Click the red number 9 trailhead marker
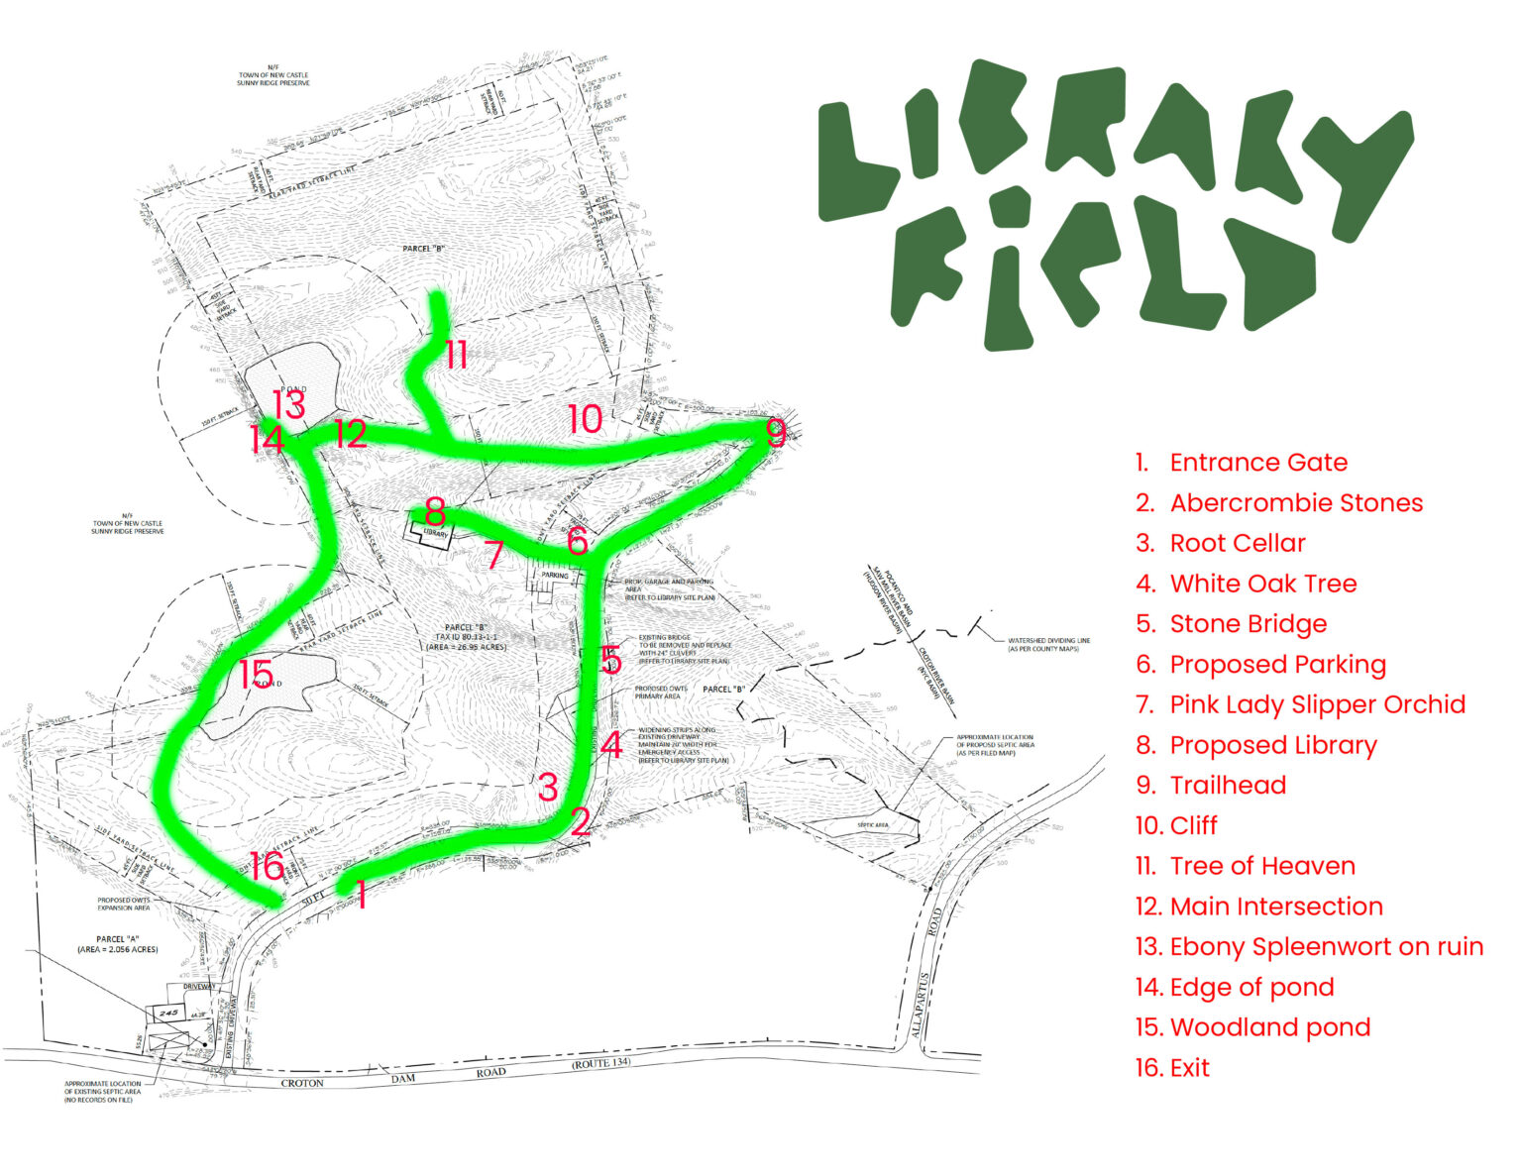(776, 433)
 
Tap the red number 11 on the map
(456, 355)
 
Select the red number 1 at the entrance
(362, 895)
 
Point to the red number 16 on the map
(267, 866)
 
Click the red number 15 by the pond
(257, 676)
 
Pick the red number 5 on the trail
(611, 660)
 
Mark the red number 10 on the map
(585, 419)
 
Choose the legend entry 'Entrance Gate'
(1257, 463)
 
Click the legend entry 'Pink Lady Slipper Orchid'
(1317, 704)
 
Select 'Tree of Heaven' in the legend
(1261, 866)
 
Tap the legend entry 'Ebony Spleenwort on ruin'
(1326, 946)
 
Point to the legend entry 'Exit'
(1189, 1068)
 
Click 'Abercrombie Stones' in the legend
(1295, 503)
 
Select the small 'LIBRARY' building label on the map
(436, 534)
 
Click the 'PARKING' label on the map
(555, 576)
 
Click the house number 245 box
(166, 1013)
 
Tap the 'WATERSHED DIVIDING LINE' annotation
(1048, 644)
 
